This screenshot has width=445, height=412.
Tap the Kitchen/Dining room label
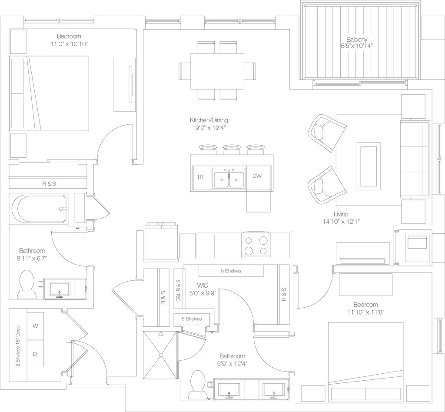click(x=209, y=120)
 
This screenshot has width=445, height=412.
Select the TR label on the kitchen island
click(x=200, y=177)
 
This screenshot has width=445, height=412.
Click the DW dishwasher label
click(x=256, y=176)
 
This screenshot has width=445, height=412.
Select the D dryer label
click(x=35, y=353)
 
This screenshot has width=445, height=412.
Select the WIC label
click(x=203, y=285)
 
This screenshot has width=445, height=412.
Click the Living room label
click(x=341, y=214)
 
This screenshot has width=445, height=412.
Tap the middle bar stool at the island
click(x=232, y=150)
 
